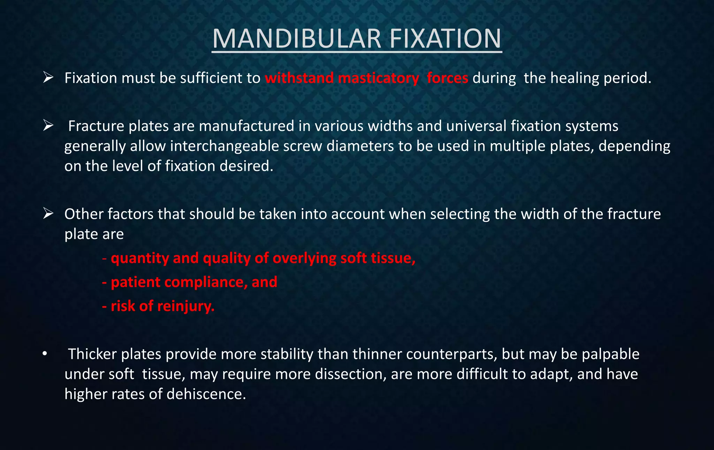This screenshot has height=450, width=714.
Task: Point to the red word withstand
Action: tap(299, 78)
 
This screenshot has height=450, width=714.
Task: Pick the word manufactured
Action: tap(246, 126)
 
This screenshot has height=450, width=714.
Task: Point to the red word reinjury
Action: tap(186, 307)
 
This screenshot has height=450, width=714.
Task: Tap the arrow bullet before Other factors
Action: tap(48, 214)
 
